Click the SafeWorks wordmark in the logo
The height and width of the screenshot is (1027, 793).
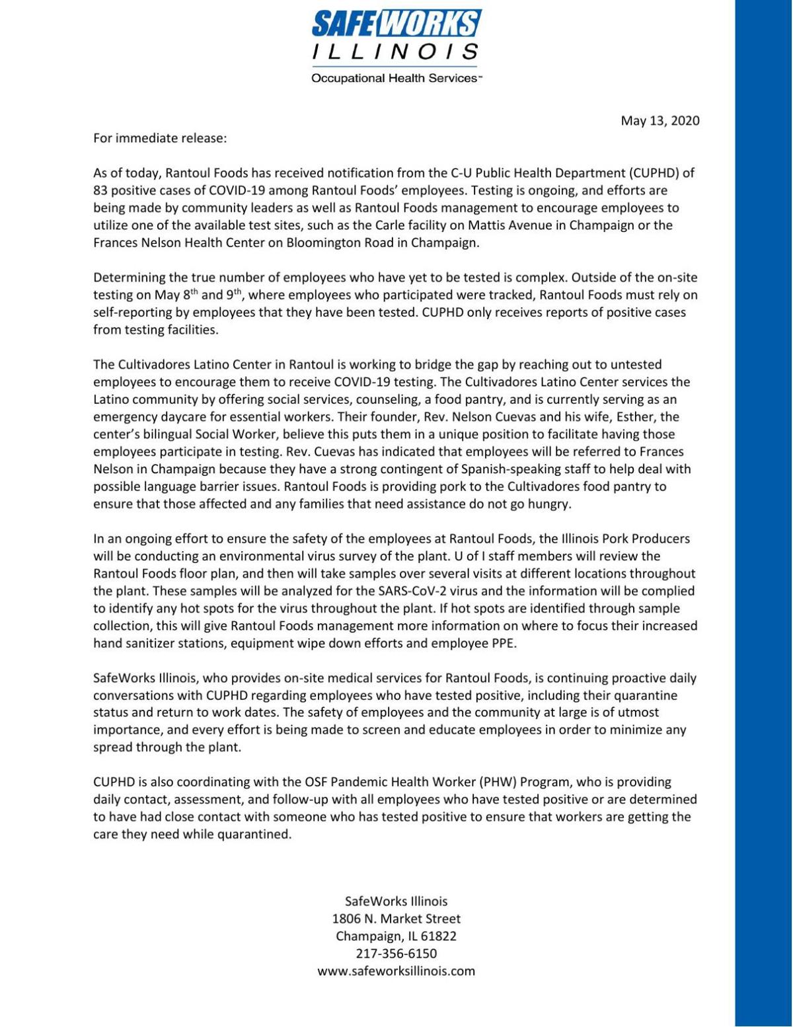(396, 24)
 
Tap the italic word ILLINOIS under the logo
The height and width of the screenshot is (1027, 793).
(396, 52)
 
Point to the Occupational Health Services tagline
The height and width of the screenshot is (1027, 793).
(396, 79)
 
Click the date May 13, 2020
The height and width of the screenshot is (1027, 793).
(660, 120)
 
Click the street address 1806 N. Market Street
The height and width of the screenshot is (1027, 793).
(396, 919)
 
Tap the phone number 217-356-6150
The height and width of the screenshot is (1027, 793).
(396, 954)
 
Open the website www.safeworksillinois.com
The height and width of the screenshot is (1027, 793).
(396, 971)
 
